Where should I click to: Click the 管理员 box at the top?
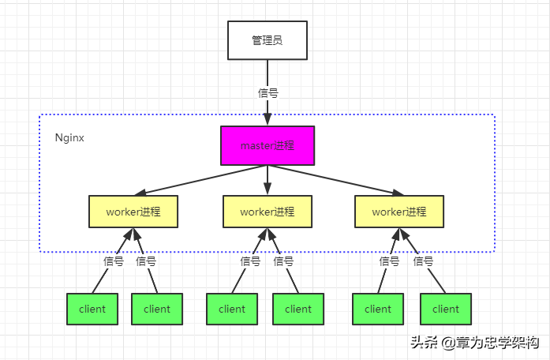coord(267,40)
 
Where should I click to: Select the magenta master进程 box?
coord(267,145)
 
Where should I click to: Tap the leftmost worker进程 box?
coord(133,212)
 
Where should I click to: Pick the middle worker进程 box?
coord(268,212)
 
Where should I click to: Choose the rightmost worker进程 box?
coord(399,212)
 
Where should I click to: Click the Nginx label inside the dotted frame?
coord(69,137)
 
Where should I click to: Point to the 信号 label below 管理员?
coord(268,92)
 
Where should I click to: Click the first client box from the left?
coord(92,309)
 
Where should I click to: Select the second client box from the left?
coord(157,309)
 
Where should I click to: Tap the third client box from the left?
coord(232,309)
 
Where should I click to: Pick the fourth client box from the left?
coord(298,309)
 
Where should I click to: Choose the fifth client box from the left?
coord(378,309)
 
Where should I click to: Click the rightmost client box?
coord(446,309)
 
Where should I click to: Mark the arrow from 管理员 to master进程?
coord(268,111)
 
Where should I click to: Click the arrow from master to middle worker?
coord(268,180)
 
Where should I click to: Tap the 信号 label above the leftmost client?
coord(114,261)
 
